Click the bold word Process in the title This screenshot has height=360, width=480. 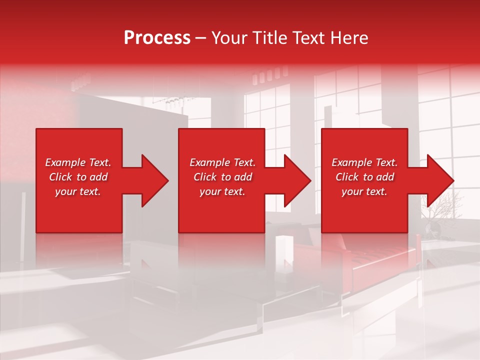click(x=157, y=38)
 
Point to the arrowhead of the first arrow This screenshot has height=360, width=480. click(x=155, y=180)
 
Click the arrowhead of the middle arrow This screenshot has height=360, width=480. click(x=297, y=180)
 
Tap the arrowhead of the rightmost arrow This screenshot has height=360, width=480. click(x=440, y=180)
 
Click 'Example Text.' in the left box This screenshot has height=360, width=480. click(x=78, y=162)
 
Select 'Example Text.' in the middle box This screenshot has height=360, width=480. click(x=222, y=162)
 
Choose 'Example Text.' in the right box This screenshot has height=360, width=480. click(x=364, y=162)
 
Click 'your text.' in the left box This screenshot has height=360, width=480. click(x=78, y=191)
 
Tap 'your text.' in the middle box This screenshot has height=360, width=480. click(x=222, y=191)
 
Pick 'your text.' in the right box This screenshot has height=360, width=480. click(x=364, y=191)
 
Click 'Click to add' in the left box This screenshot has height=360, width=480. click(x=78, y=177)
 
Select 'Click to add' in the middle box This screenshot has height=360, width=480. click(x=222, y=177)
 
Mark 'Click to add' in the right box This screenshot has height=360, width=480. click(x=364, y=177)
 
